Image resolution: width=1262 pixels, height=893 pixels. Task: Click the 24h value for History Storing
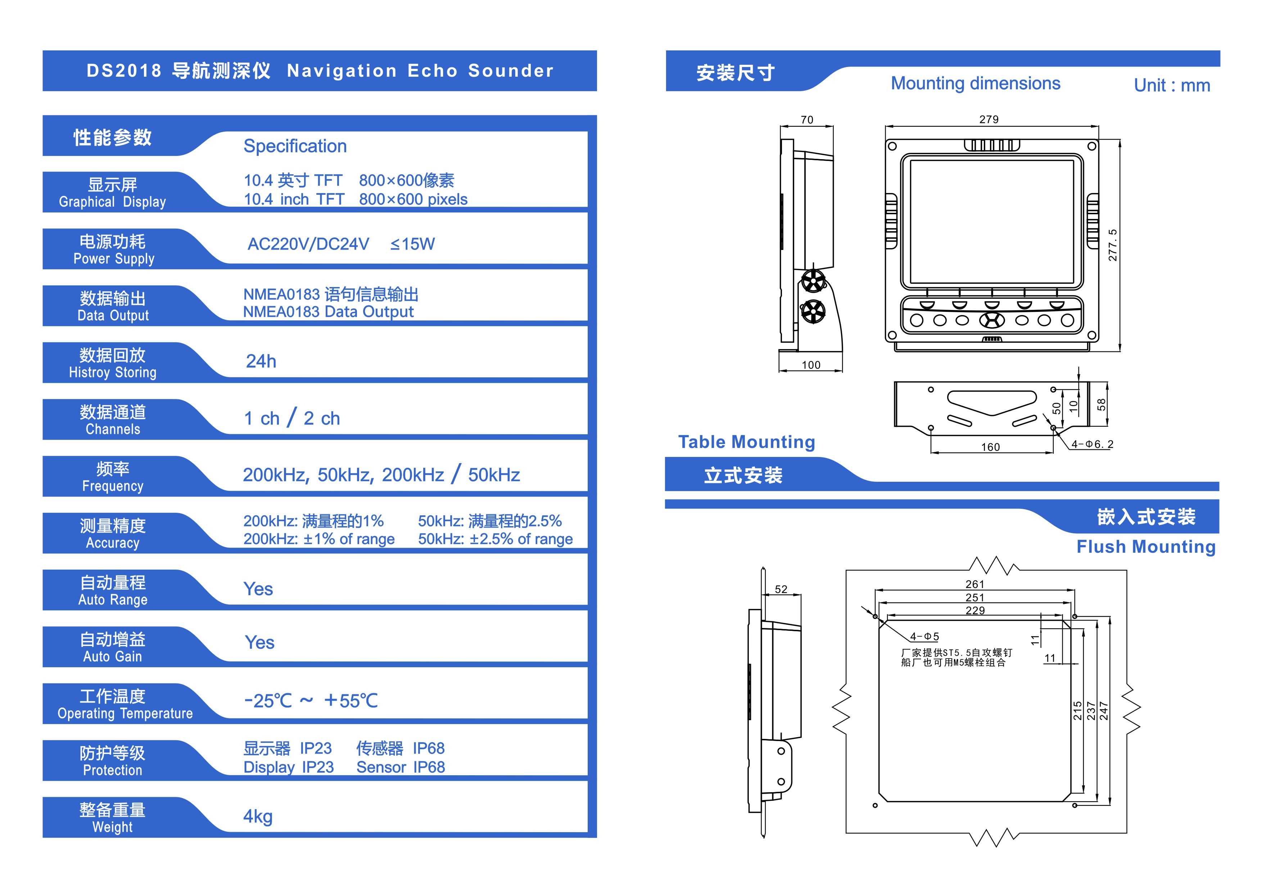point(261,361)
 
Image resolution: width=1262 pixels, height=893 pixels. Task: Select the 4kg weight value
point(258,817)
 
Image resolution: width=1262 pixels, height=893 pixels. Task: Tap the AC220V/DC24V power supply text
point(308,244)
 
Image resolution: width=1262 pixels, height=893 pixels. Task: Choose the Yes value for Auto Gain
point(259,642)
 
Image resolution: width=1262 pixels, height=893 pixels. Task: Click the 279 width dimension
point(989,119)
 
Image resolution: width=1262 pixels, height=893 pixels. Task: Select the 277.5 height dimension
point(1113,245)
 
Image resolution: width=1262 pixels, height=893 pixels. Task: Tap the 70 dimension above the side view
point(807,120)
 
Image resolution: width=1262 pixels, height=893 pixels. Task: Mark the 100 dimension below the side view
point(811,365)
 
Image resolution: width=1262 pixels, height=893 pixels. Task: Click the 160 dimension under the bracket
point(990,447)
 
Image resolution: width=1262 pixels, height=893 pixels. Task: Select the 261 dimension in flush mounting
point(974,584)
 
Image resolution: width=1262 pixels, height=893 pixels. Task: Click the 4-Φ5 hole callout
point(924,637)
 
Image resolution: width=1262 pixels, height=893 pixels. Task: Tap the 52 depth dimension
point(781,589)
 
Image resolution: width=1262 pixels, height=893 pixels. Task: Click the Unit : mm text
point(1172,85)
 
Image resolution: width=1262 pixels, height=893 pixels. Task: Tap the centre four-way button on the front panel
point(992,320)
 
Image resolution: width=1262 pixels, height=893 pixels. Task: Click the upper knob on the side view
point(813,282)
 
